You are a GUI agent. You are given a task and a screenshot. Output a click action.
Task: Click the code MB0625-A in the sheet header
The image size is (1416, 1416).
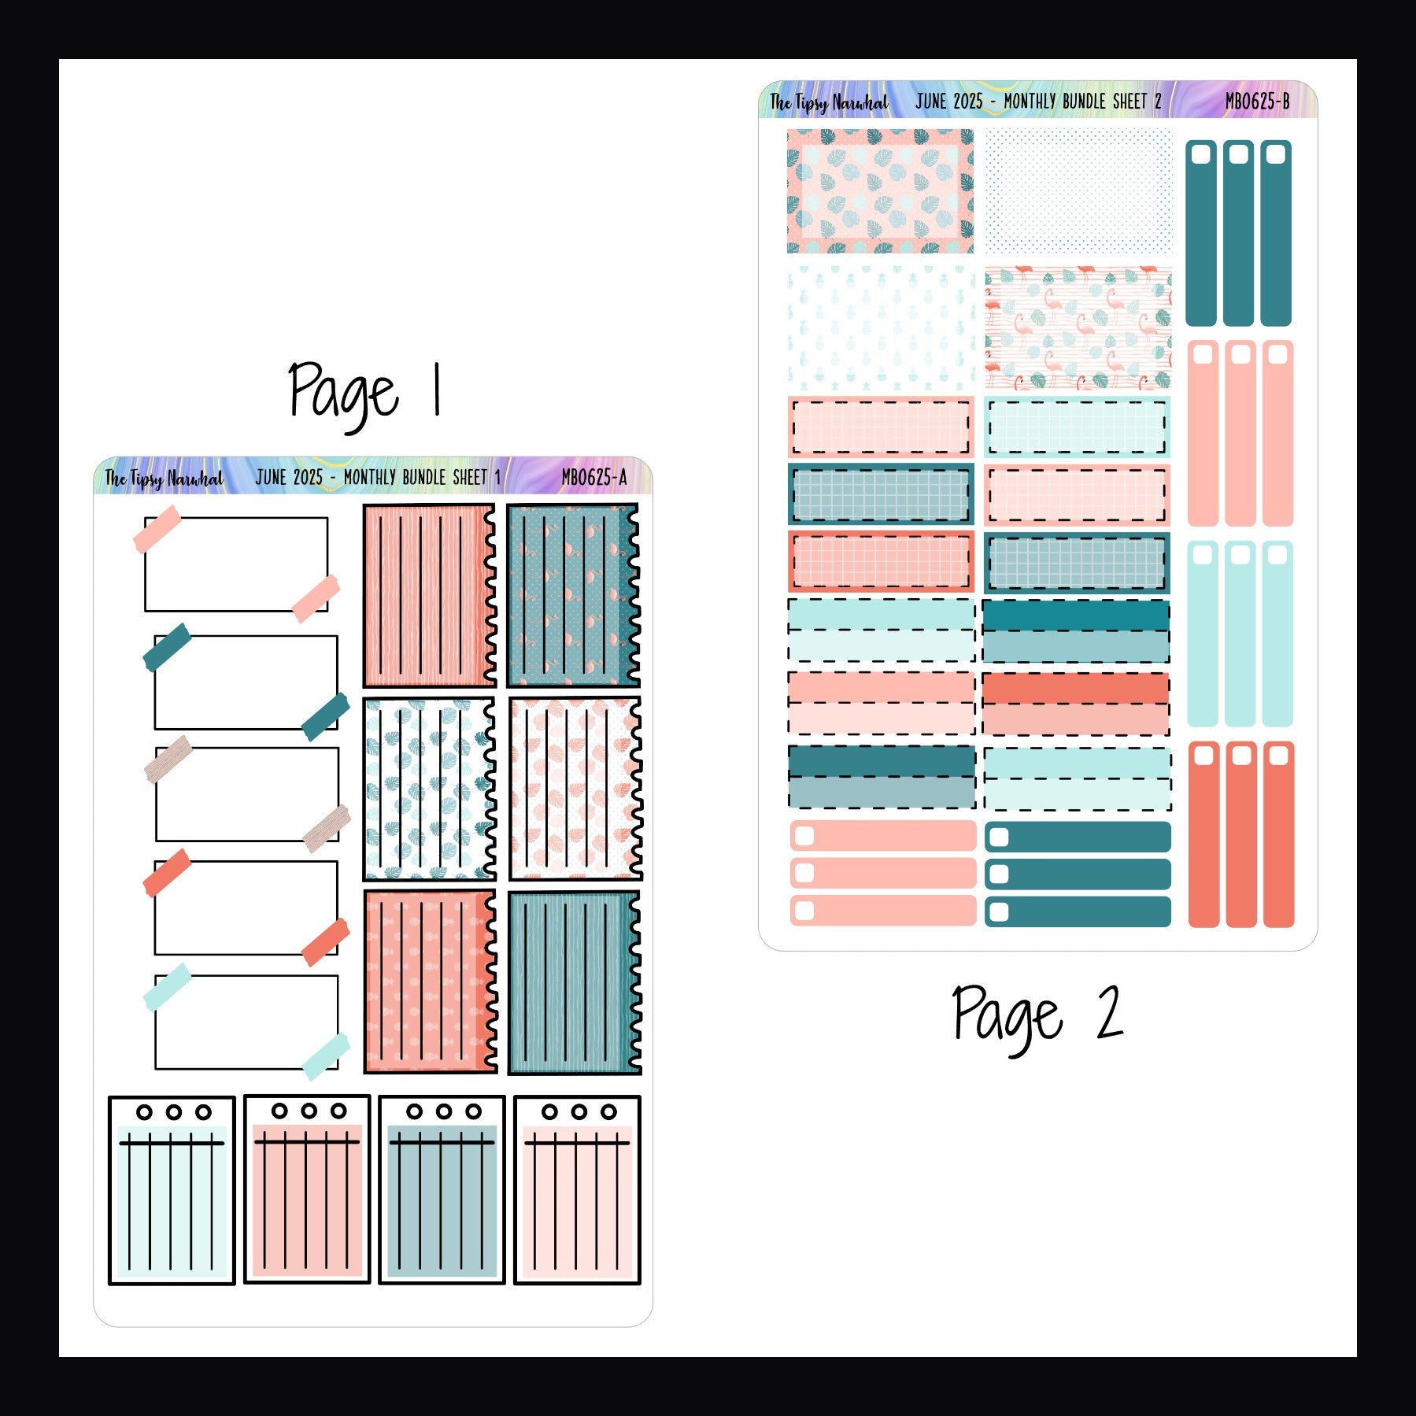point(593,477)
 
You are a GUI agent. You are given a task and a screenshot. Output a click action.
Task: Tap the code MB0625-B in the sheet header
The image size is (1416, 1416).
point(1257,102)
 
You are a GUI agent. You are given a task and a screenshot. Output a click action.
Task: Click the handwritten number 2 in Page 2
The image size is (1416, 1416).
point(1108,1014)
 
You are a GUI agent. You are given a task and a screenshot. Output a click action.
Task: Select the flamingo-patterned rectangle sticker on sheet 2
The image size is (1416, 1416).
point(1078,328)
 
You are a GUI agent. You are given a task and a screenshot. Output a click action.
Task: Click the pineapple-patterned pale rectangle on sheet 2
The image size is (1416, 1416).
point(881,328)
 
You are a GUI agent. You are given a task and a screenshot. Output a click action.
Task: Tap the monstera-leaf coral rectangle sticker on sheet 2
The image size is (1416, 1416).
point(880,191)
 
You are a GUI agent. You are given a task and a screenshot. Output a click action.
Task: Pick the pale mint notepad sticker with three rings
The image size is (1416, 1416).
point(172,1190)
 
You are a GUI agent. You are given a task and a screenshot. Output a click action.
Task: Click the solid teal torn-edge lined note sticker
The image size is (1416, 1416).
point(574,982)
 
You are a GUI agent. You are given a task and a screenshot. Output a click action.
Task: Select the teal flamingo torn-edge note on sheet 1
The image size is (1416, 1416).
point(572,596)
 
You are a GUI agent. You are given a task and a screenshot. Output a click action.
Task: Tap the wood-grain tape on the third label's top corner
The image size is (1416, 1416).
point(168,759)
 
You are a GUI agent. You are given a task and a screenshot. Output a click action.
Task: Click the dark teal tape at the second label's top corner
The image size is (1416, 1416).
point(167,647)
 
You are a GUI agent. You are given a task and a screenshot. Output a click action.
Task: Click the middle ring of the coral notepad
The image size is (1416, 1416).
point(309,1111)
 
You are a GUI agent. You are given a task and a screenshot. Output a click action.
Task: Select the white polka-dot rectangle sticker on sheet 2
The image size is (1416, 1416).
point(1078,191)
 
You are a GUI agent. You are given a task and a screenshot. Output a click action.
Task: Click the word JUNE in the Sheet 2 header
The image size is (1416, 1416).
point(932,102)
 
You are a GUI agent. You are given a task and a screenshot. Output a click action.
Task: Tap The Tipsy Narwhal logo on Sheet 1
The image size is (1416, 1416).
point(164,478)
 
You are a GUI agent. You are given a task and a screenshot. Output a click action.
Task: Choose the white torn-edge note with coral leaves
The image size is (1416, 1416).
point(575,789)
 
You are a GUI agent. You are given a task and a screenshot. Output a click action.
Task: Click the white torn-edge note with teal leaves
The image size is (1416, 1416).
point(429,789)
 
